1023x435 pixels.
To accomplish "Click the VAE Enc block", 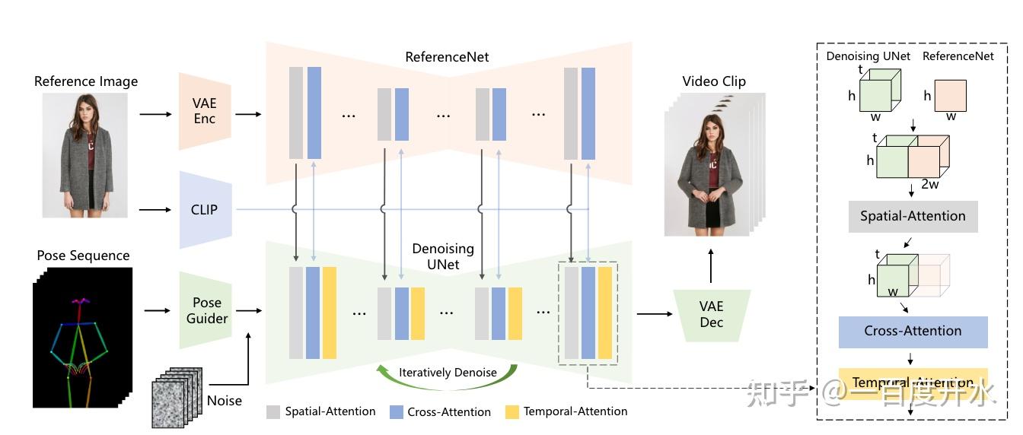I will [x=205, y=111].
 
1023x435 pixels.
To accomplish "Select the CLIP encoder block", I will [x=204, y=210].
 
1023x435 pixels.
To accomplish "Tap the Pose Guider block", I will [x=206, y=310].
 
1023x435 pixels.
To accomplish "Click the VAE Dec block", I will [x=711, y=314].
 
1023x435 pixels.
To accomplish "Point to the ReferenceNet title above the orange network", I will [x=447, y=57].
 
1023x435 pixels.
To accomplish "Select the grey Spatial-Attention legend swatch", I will [x=273, y=412].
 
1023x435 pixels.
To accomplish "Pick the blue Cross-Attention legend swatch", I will [x=396, y=412].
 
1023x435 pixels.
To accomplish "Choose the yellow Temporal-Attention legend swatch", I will [x=511, y=412].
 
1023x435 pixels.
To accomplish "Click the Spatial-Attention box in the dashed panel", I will [x=913, y=217].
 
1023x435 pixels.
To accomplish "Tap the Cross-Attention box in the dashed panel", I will [x=913, y=332].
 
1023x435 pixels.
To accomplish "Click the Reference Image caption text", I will [x=86, y=81].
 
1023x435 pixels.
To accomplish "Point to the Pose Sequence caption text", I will [x=83, y=256].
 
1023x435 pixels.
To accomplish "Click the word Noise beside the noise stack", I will [x=225, y=401].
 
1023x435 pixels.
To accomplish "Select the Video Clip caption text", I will [x=713, y=81].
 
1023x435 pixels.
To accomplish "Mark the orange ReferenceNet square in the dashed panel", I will [x=950, y=96].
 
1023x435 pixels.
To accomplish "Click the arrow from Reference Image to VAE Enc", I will [x=155, y=115].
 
